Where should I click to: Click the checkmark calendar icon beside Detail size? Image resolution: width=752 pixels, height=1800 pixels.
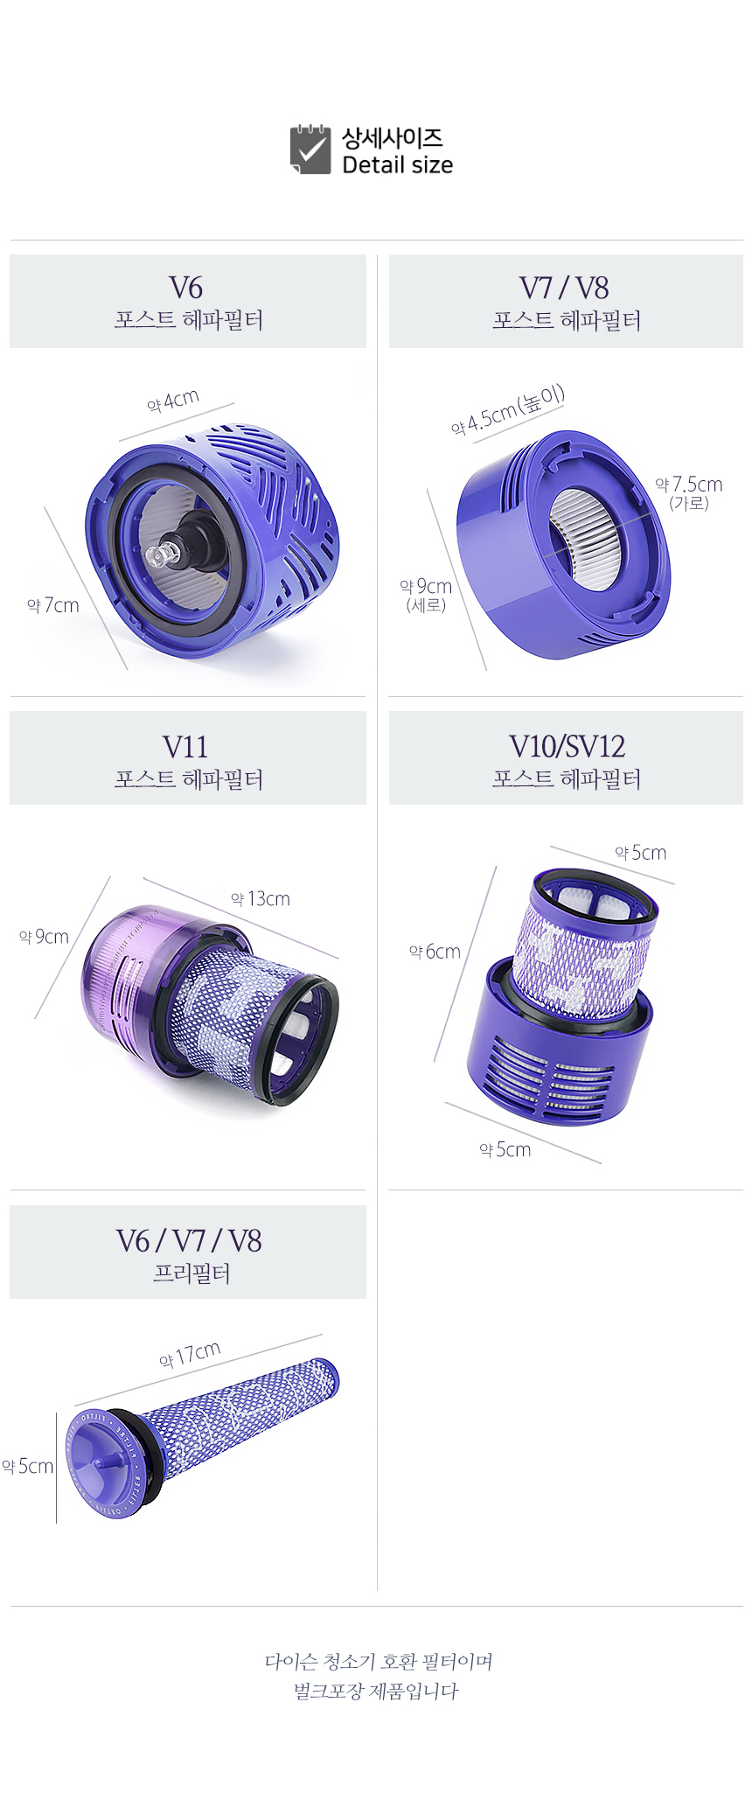pos(310,150)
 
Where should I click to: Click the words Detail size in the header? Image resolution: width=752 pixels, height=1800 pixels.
pos(398,165)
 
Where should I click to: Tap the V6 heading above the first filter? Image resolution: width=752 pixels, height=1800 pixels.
pos(186,288)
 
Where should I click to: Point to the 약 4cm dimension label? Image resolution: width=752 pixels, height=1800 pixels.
pos(173,401)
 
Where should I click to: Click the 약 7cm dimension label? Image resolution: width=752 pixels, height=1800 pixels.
pos(53,605)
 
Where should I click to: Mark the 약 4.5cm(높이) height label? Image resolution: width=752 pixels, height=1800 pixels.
pos(508,409)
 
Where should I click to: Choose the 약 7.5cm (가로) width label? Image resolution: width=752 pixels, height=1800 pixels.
pos(689,492)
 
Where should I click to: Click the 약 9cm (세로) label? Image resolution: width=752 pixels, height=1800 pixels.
pos(426,595)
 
